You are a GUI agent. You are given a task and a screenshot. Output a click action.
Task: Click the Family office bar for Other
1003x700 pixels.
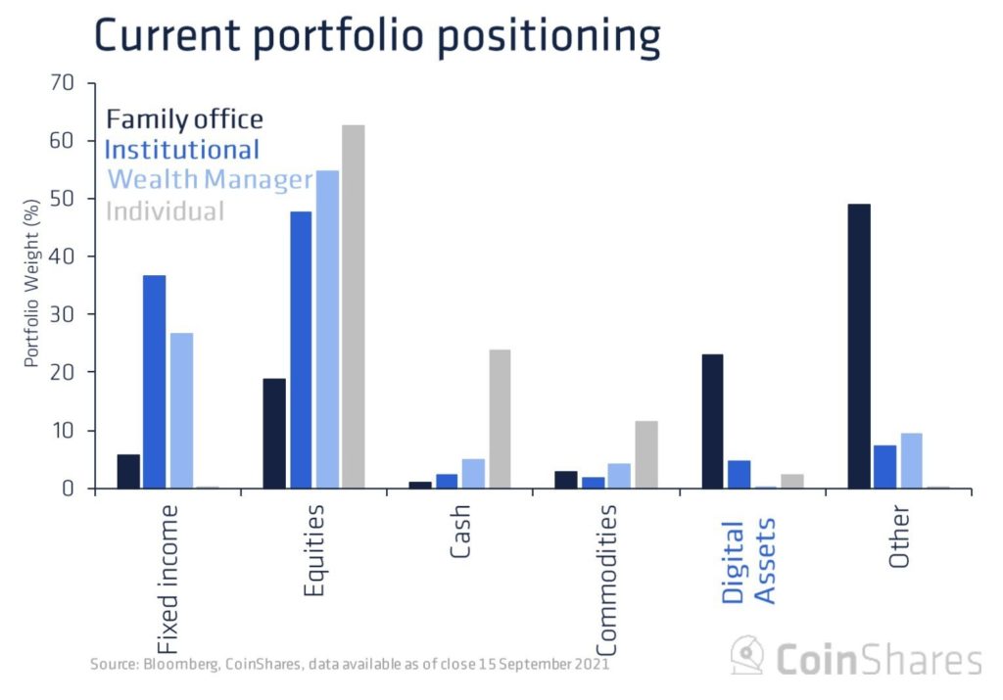(x=859, y=346)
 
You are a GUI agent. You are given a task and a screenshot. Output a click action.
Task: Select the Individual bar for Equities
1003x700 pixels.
(x=354, y=306)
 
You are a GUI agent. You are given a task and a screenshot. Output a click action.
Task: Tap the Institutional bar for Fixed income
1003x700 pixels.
(x=155, y=382)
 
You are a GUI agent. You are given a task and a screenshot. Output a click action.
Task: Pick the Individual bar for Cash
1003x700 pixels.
(x=500, y=419)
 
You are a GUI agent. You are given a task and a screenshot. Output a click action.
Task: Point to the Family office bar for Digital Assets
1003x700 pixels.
(x=712, y=421)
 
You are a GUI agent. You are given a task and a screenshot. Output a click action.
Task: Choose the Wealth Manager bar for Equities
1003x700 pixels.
(x=327, y=329)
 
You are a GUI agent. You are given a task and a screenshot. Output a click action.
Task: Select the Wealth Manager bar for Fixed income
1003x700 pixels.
(x=181, y=410)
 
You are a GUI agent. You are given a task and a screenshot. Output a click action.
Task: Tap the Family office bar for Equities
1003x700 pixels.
(x=274, y=433)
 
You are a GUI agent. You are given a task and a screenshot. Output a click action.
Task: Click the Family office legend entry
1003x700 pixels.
(x=184, y=119)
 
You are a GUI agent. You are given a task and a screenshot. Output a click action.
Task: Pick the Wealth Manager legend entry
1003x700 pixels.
(x=210, y=180)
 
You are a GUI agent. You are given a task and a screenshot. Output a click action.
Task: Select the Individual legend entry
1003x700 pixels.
(x=165, y=210)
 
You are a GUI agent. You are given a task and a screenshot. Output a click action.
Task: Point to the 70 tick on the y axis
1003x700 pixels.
(x=61, y=82)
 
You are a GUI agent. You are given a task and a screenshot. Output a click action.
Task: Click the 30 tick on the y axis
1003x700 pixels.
(x=61, y=314)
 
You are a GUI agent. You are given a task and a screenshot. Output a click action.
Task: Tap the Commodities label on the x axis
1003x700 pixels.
(x=607, y=580)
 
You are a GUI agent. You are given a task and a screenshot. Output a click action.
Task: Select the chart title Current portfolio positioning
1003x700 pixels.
(x=377, y=36)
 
